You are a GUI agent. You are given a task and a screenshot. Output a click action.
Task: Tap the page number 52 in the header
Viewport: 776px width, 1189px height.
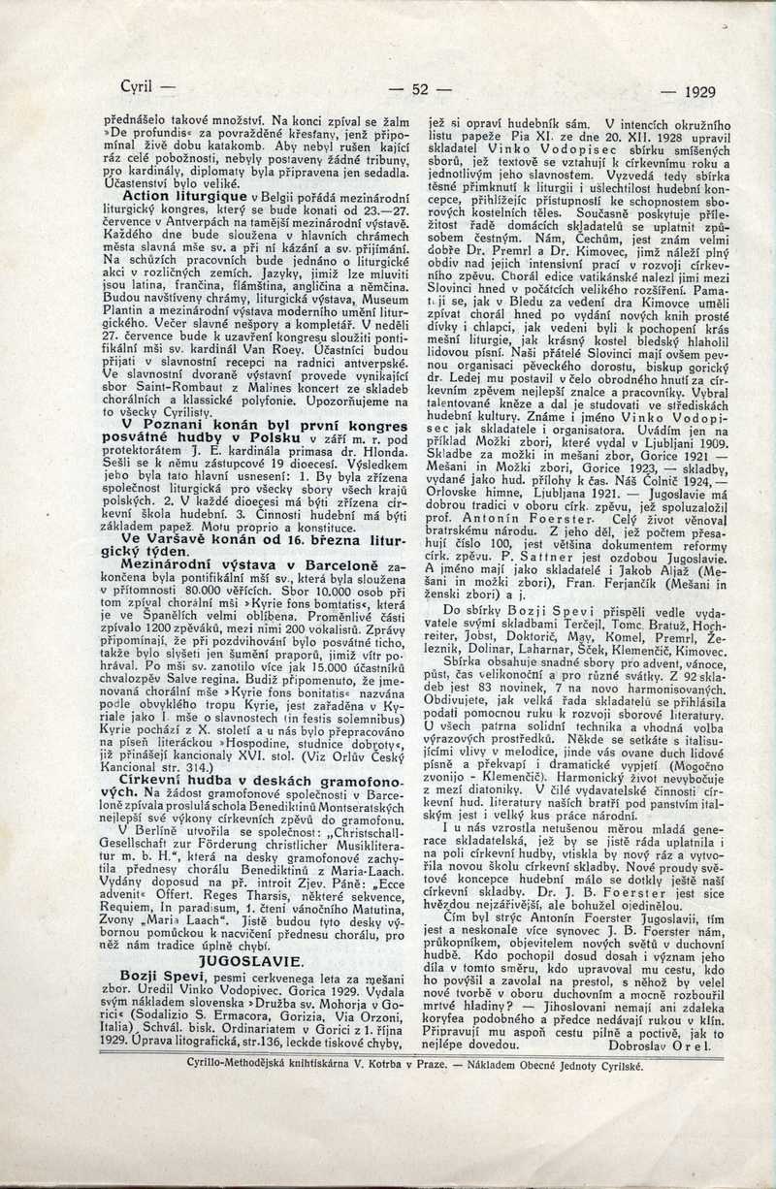click(420, 90)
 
